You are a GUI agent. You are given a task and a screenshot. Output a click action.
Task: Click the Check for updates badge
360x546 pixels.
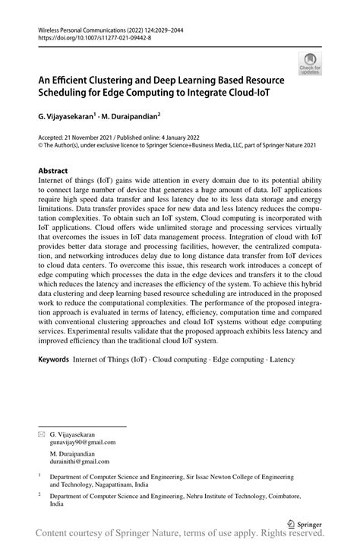(x=309, y=65)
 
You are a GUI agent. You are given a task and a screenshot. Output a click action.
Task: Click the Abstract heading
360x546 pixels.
(x=55, y=172)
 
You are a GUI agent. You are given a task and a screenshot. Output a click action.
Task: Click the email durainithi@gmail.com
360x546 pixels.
(x=81, y=460)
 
